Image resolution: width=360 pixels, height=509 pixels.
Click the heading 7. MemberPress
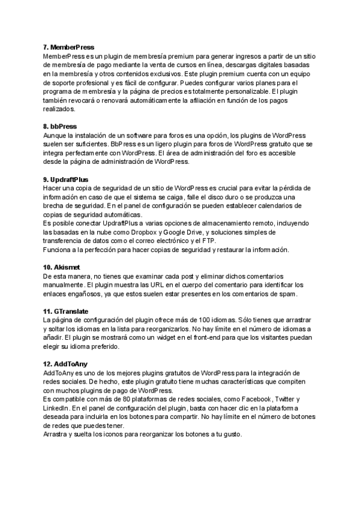(x=68, y=47)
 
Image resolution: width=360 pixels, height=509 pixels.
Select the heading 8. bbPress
(x=60, y=127)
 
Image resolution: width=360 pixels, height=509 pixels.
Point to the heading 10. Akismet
(x=62, y=267)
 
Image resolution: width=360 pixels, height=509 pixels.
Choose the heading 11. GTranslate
(x=66, y=311)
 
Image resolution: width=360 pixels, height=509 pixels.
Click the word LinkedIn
(x=56, y=408)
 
